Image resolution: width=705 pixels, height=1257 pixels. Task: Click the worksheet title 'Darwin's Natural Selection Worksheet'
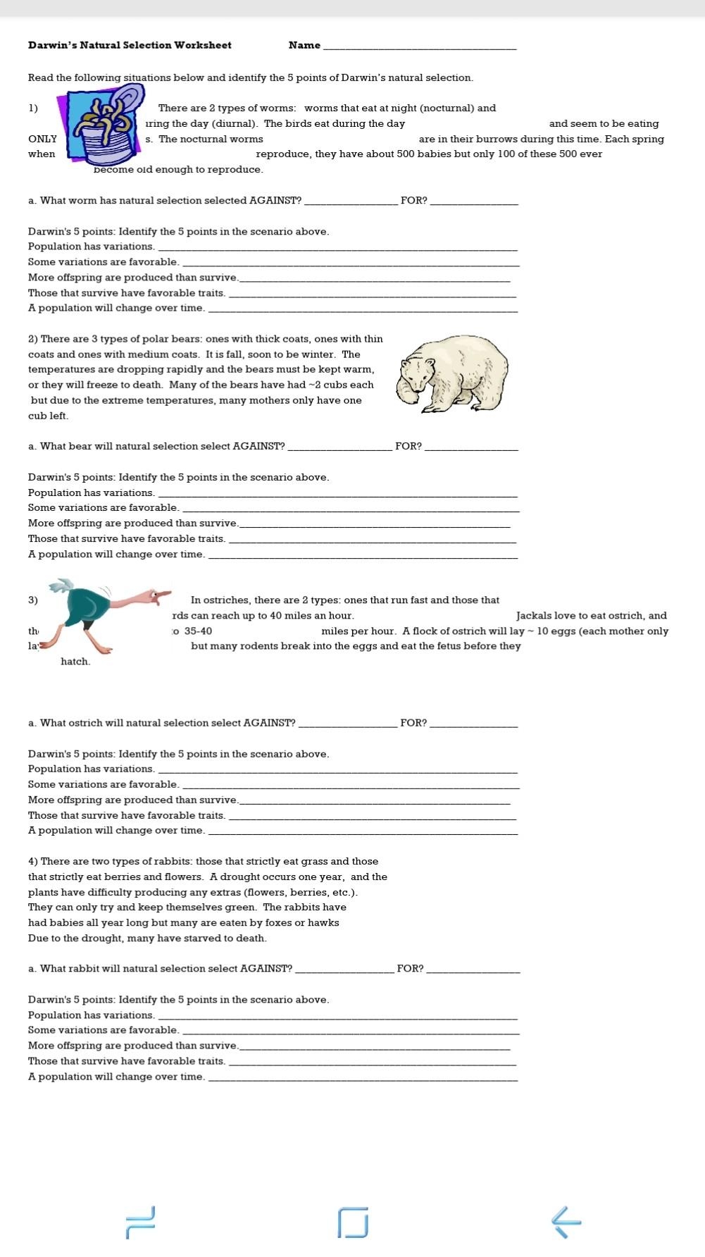tap(130, 45)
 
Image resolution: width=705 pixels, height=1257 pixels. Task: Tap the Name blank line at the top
tap(419, 47)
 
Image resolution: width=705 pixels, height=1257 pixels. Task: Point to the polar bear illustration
tap(452, 373)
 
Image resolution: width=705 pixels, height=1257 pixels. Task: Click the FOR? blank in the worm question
tap(473, 203)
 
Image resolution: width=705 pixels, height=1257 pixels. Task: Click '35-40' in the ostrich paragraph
tap(198, 631)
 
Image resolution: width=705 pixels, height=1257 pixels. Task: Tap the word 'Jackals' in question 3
tap(534, 615)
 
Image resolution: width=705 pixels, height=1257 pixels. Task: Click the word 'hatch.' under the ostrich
tap(75, 661)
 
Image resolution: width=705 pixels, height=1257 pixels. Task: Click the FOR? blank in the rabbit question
tap(473, 971)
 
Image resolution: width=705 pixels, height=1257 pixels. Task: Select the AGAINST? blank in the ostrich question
tap(347, 725)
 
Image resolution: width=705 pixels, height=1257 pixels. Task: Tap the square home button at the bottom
tap(353, 1222)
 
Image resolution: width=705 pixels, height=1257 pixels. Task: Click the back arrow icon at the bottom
tap(566, 1222)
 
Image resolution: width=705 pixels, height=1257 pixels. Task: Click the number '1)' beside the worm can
tap(33, 108)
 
